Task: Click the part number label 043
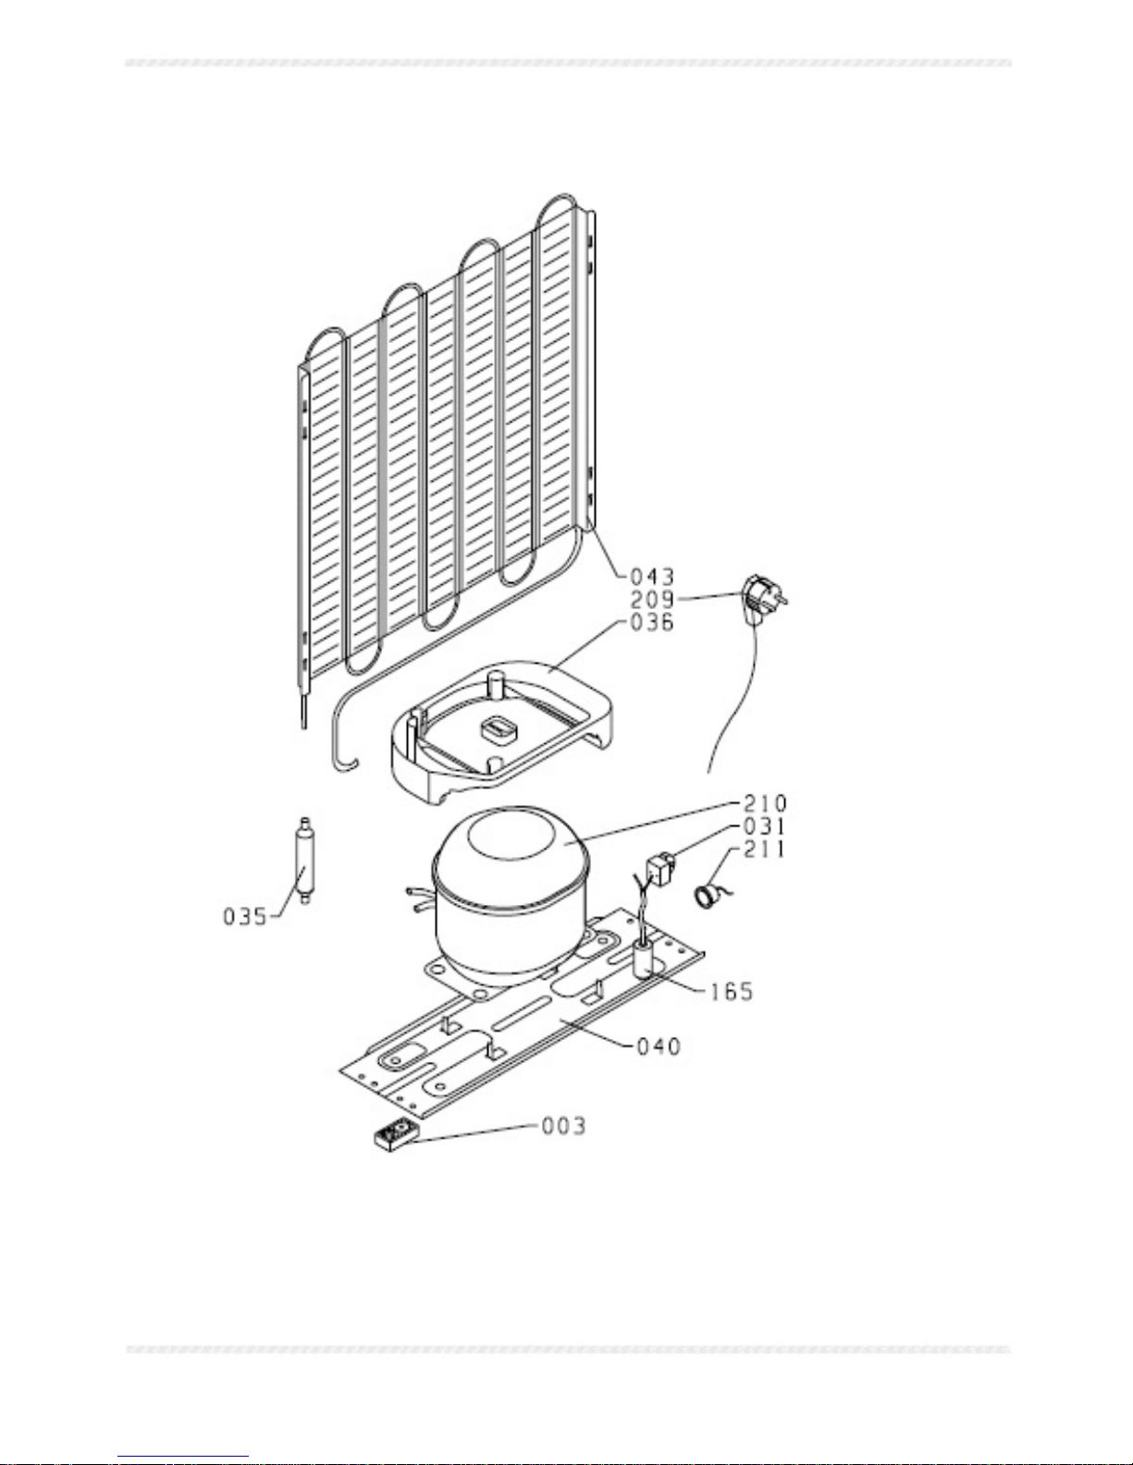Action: pos(651,577)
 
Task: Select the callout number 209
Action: pos(651,599)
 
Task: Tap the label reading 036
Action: pos(651,622)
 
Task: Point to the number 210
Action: pos(765,803)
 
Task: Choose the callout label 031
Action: pos(765,826)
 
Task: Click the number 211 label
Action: pos(765,848)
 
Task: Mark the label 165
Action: pos(731,991)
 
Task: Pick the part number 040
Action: pos(659,1046)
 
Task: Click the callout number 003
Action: pos(564,1126)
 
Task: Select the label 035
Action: pos(245,917)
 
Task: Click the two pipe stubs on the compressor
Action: pos(420,900)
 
